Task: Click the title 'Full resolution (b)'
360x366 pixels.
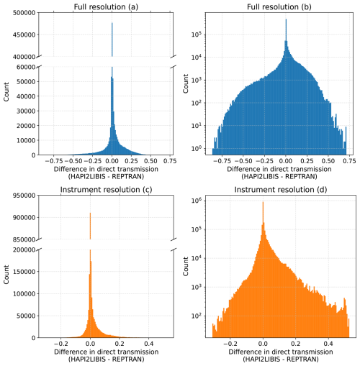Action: point(280,6)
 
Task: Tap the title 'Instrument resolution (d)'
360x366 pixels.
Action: point(280,189)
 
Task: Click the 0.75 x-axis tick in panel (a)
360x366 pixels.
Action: point(170,162)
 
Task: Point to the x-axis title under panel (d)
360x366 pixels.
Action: point(280,357)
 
